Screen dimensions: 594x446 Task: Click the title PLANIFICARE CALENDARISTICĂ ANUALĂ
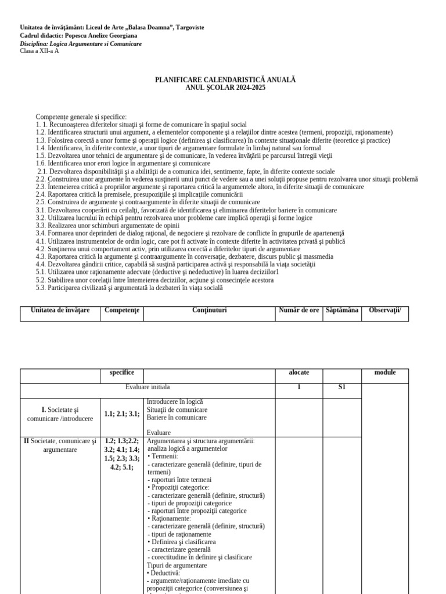tap(225, 79)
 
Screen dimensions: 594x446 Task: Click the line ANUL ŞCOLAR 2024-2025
tap(225, 87)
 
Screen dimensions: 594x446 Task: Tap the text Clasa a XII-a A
tap(39, 51)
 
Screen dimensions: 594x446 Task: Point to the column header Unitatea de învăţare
tap(60, 310)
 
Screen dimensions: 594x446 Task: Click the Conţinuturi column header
tap(209, 310)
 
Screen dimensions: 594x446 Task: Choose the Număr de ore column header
tap(298, 310)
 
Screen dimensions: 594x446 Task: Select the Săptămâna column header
tap(341, 310)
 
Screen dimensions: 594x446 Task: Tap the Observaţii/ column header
tap(384, 310)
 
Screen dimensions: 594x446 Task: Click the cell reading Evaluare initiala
tap(148, 387)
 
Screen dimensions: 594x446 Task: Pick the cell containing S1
tap(341, 387)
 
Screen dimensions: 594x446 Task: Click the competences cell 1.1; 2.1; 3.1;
tap(121, 414)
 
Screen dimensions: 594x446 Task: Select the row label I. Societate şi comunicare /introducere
tap(60, 414)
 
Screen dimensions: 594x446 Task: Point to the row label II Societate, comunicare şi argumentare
tap(60, 445)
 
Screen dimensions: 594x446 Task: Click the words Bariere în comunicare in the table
tap(177, 417)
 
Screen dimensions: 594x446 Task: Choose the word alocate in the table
tap(298, 372)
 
